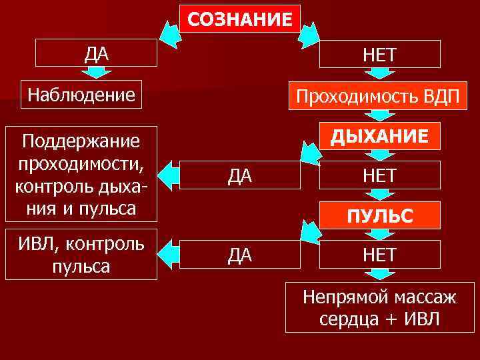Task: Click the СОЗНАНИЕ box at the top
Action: [239, 18]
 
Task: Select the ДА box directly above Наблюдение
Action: [97, 53]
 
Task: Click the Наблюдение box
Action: [81, 95]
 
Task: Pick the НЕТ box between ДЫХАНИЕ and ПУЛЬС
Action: [379, 175]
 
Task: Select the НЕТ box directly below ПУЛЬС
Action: [379, 254]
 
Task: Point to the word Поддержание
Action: [81, 141]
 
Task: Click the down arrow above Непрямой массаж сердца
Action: [379, 274]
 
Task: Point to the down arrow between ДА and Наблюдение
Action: [97, 73]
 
